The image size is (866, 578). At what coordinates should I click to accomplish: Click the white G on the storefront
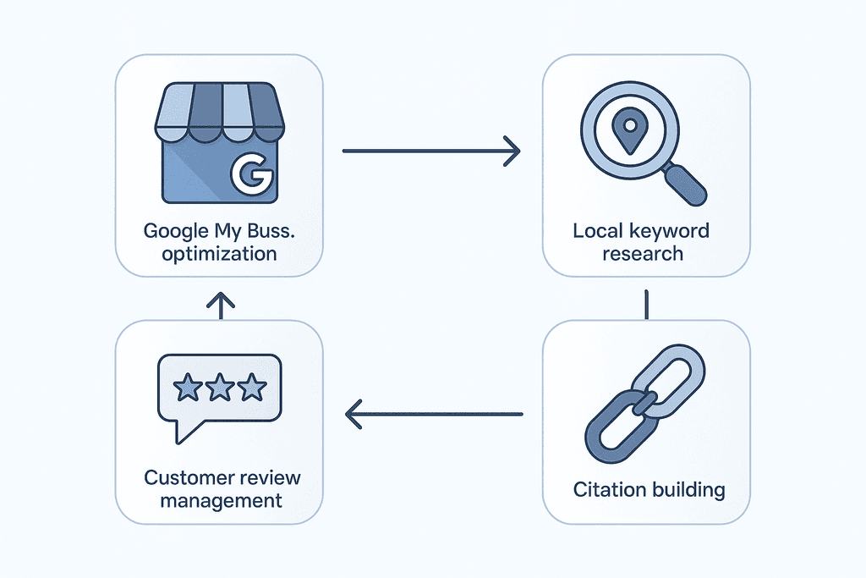click(x=250, y=176)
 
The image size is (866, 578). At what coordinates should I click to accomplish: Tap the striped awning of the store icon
click(x=218, y=113)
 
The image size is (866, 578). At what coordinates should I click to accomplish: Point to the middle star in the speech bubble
click(x=220, y=388)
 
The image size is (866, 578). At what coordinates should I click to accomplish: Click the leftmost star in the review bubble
click(x=188, y=388)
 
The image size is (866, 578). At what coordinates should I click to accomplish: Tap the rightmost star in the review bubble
click(x=251, y=388)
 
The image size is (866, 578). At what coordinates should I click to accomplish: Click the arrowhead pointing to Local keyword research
click(x=511, y=151)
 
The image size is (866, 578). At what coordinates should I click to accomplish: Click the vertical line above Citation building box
click(x=645, y=305)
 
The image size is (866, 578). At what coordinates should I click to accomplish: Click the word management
click(x=221, y=500)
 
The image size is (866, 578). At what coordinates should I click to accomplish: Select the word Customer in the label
click(x=185, y=478)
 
